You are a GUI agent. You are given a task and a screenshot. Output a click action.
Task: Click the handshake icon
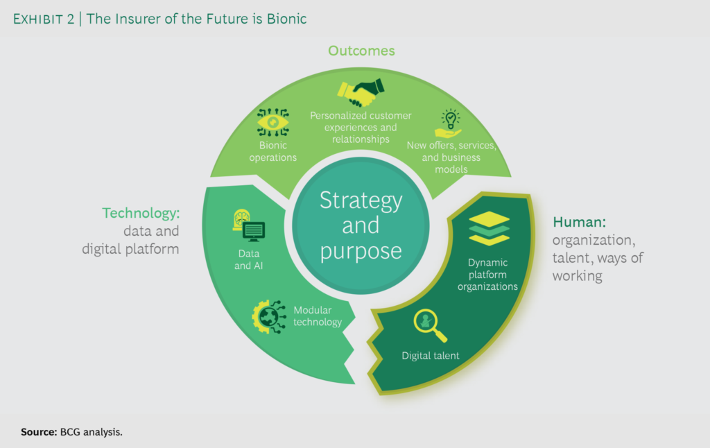pos(361,92)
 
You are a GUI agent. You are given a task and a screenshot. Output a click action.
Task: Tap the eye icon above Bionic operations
pos(273,122)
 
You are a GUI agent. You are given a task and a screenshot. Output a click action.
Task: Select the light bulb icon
pos(449,123)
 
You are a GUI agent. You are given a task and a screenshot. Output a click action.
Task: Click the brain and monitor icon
pos(249,225)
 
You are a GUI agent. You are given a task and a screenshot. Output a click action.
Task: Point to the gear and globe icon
pos(269,317)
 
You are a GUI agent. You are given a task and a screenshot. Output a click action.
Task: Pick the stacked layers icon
pos(489,228)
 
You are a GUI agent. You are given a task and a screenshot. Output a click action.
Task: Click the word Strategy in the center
pos(361,200)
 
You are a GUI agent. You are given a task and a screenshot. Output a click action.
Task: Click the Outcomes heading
pos(361,51)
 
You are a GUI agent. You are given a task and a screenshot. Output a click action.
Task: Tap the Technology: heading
pos(141,213)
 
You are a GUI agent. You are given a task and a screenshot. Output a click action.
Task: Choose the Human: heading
pos(579,222)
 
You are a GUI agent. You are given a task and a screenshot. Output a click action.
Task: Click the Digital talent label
pos(430,356)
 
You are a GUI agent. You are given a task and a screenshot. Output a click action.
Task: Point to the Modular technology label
pos(318,316)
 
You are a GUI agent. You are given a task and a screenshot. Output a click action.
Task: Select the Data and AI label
pos(249,259)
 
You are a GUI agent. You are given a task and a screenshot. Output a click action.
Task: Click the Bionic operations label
pos(272,151)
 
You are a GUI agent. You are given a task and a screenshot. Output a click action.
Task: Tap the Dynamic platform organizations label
pos(487,275)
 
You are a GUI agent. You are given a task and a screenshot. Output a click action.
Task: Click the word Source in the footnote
pos(39,432)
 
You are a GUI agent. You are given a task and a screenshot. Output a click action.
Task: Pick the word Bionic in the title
pos(286,19)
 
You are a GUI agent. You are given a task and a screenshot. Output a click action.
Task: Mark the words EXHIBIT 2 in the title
pos(44,19)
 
